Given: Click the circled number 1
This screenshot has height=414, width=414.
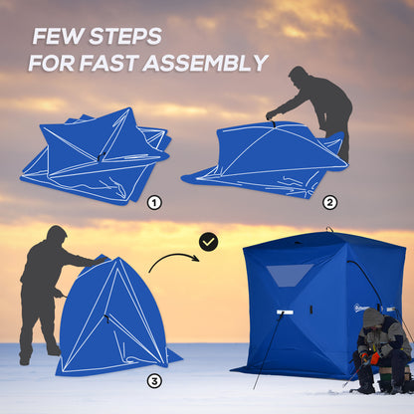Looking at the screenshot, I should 154,202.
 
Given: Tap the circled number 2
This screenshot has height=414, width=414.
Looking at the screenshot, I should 329,202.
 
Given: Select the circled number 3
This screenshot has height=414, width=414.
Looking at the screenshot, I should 154,381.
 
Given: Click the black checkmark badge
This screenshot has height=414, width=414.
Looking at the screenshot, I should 208,242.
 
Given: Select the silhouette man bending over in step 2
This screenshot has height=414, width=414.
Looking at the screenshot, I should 316,104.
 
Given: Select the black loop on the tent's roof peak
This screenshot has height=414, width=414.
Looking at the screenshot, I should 327,231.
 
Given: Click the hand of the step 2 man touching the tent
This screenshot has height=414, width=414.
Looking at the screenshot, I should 270,115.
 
